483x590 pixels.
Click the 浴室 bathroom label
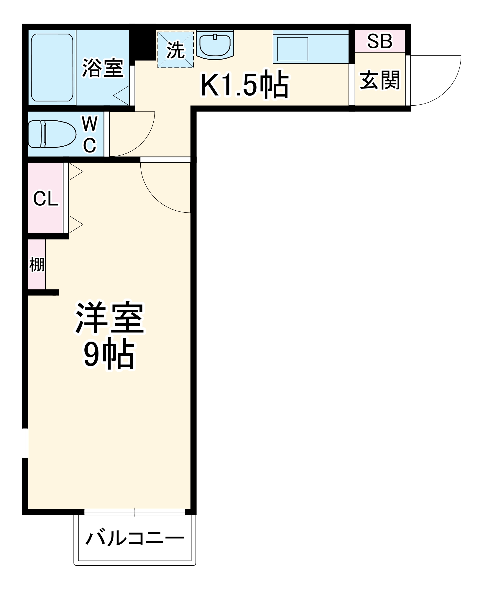102,68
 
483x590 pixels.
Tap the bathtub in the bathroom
52,68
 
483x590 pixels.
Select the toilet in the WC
52,134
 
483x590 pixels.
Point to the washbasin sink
215,45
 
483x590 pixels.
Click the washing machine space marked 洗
175,50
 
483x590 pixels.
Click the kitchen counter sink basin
292,49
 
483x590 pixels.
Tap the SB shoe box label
379,41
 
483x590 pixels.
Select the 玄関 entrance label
379,80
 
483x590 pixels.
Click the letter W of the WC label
90,124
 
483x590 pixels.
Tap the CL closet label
46,199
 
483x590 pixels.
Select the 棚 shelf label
37,264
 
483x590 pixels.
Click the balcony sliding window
135,512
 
